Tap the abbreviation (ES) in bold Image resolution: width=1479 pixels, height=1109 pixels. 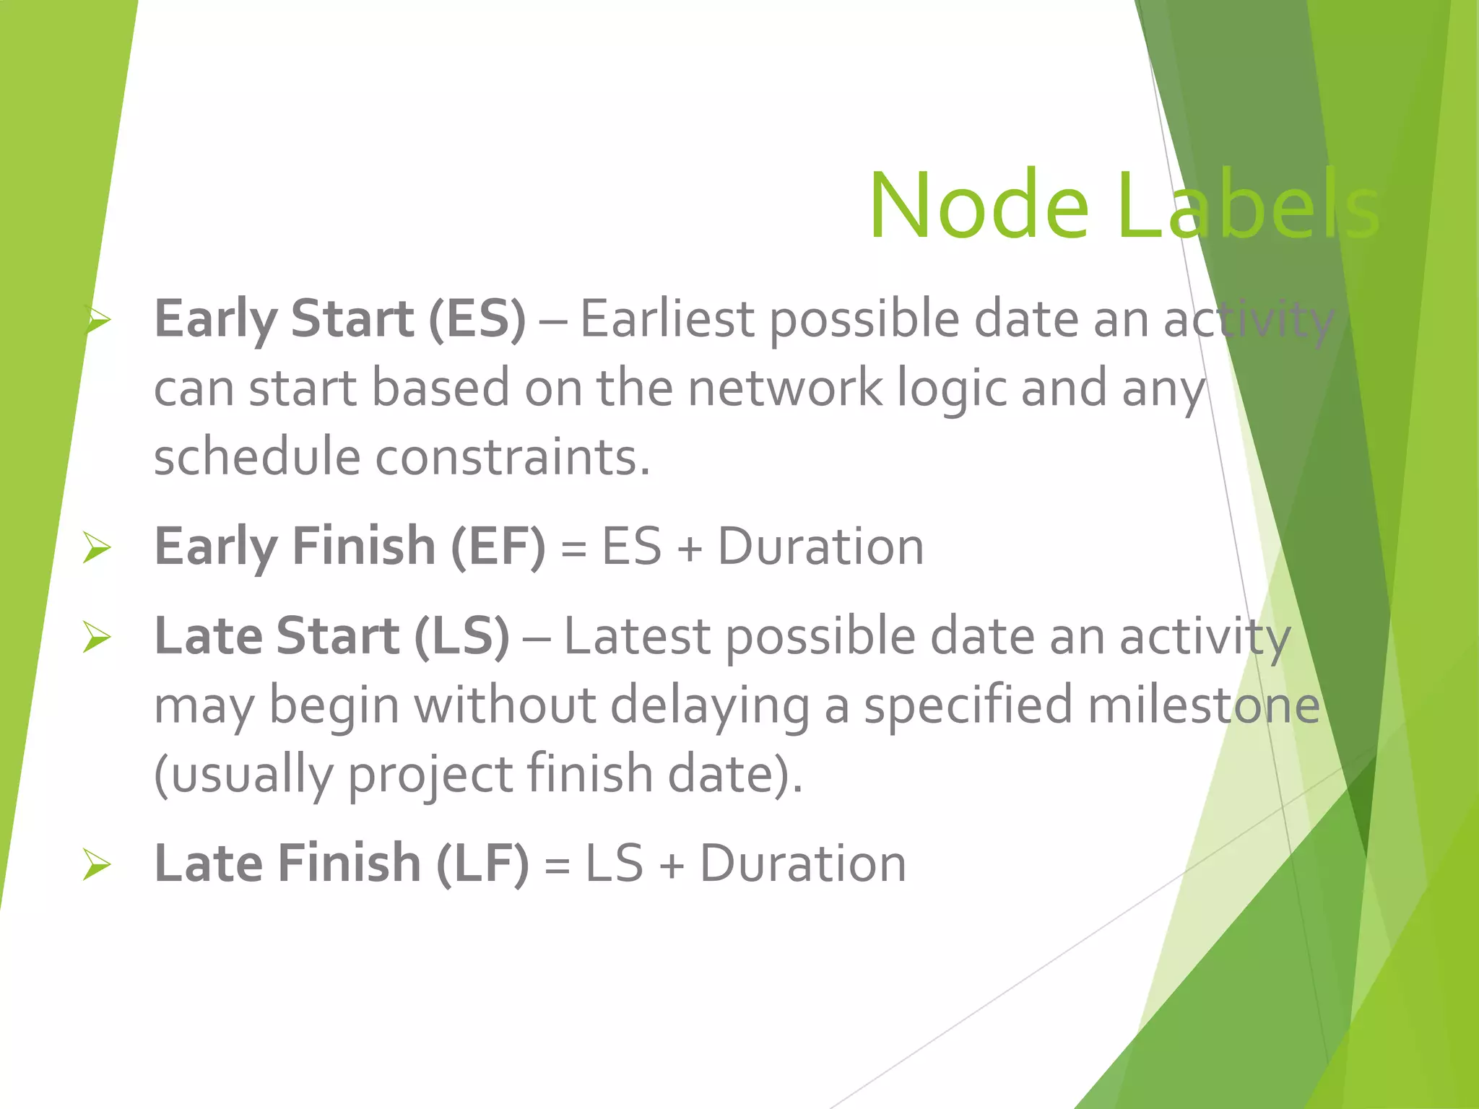pyautogui.click(x=477, y=319)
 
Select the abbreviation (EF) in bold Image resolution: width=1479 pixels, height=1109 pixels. pyautogui.click(x=498, y=547)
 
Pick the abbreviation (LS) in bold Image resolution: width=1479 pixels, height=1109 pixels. pyautogui.click(x=462, y=637)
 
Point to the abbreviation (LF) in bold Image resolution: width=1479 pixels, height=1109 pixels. pyautogui.click(x=482, y=864)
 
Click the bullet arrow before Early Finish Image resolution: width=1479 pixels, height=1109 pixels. pyautogui.click(x=96, y=547)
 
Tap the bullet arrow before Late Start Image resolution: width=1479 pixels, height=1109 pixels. pyautogui.click(x=96, y=637)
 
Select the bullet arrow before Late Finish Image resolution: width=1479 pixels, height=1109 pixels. pyautogui.click(x=96, y=864)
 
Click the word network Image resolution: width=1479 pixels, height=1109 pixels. pyautogui.click(x=784, y=388)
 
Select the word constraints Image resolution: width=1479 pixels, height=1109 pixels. pyautogui.click(x=512, y=458)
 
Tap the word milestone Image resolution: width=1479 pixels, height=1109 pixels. pyautogui.click(x=1204, y=705)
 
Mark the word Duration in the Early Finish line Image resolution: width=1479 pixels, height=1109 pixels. pyautogui.click(x=820, y=547)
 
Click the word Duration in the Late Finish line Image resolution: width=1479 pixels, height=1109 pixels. pyautogui.click(x=803, y=864)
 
